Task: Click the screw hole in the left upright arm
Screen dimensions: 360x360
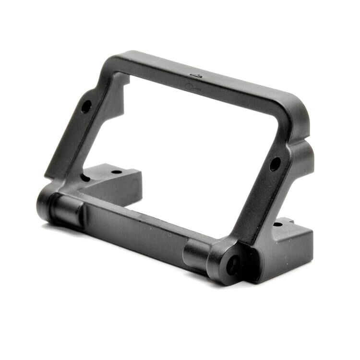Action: [x=86, y=106]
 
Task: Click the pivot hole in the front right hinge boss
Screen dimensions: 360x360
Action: [x=234, y=264]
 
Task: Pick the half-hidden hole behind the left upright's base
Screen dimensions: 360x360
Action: [x=85, y=178]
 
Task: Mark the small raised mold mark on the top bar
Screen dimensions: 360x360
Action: [x=196, y=76]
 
